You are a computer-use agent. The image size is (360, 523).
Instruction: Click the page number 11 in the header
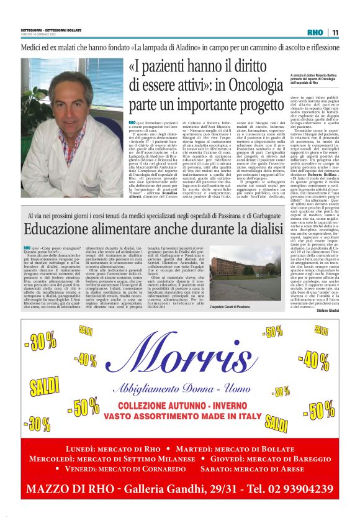point(335,32)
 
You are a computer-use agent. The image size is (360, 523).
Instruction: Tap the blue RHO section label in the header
point(315,32)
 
